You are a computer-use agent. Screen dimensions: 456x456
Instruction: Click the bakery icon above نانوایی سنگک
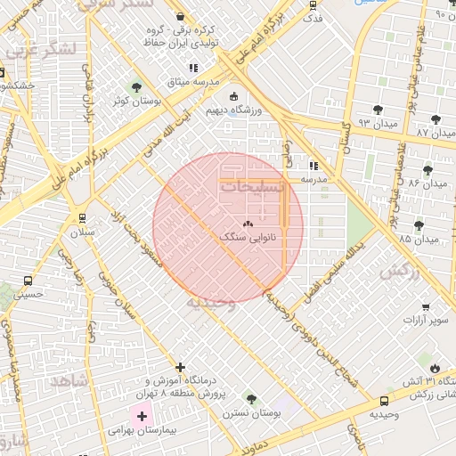[x=248, y=224]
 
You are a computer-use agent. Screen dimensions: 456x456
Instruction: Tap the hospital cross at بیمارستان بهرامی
[x=141, y=416]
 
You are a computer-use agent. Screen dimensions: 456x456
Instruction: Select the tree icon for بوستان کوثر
[x=135, y=87]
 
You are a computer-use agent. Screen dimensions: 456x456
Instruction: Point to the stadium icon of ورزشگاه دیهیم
[x=233, y=96]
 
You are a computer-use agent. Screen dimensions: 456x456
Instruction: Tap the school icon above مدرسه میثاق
[x=192, y=68]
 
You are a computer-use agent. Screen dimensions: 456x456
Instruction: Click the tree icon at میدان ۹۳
[x=379, y=110]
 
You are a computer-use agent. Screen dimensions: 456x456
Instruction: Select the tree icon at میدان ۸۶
[x=428, y=169]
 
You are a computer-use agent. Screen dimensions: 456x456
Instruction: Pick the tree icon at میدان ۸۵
[x=419, y=225]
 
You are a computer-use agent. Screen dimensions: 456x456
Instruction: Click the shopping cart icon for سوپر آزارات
[x=427, y=305]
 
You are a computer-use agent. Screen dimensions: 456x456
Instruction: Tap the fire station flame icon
[x=434, y=368]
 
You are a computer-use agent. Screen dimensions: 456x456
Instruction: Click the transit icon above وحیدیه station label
[x=385, y=402]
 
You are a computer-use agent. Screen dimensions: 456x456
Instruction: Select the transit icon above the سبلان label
[x=83, y=217]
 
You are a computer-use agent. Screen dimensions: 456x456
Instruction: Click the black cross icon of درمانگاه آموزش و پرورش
[x=181, y=367]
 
